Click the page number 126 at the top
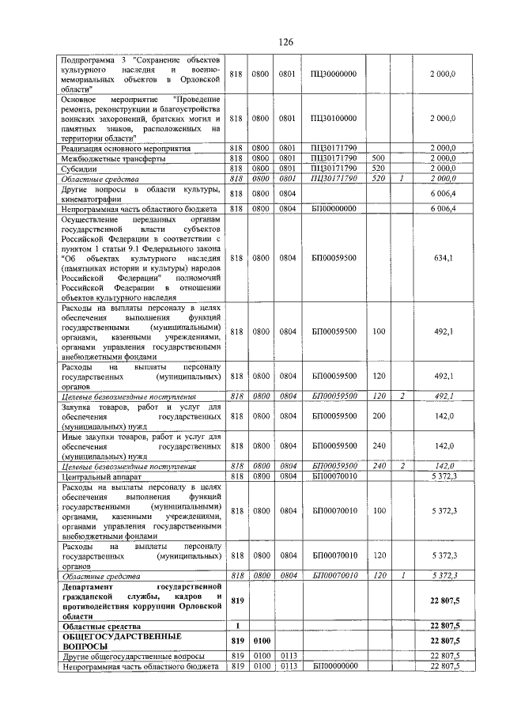(x=285, y=42)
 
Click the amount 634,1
(x=443, y=257)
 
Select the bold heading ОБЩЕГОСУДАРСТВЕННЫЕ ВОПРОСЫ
(x=122, y=641)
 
